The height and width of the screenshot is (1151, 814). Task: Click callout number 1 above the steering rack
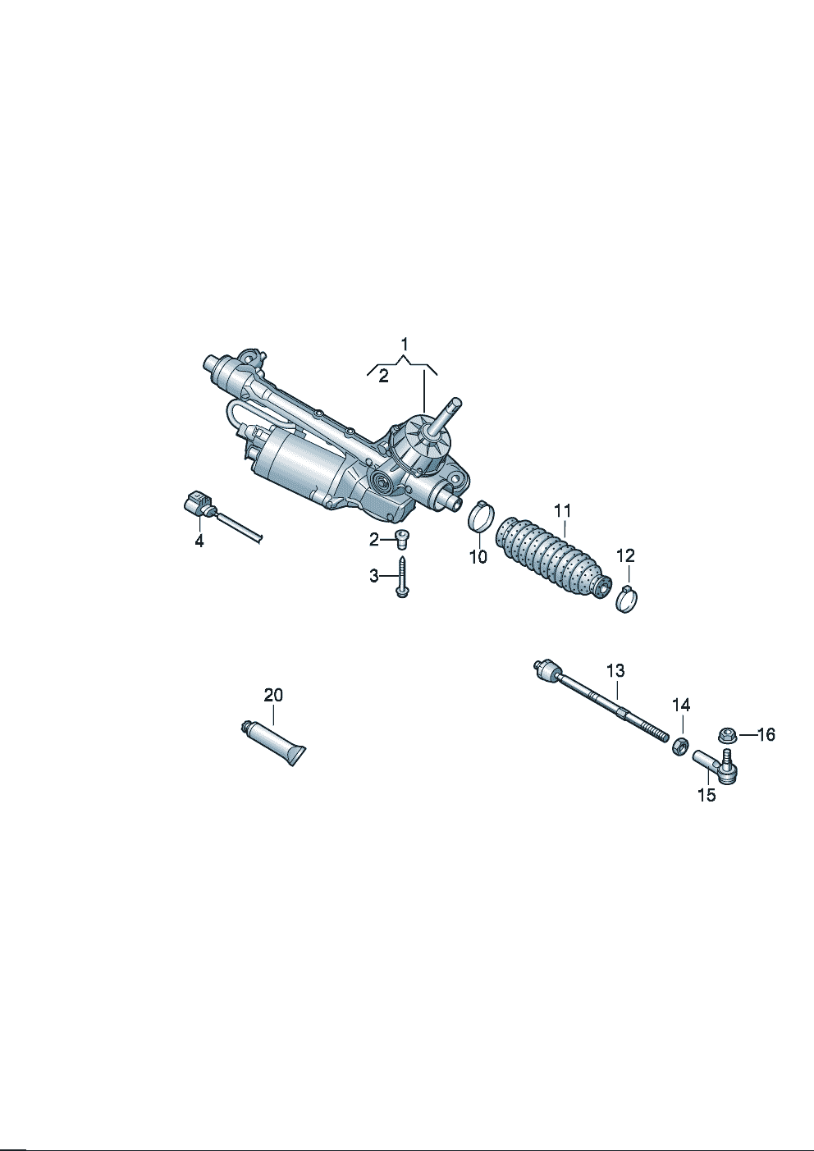[405, 344]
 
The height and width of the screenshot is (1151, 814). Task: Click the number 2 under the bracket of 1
[383, 377]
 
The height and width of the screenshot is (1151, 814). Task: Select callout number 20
[273, 696]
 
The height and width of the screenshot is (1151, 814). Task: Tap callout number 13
[615, 670]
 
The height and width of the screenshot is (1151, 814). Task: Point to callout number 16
[766, 735]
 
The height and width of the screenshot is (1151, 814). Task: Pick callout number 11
[563, 511]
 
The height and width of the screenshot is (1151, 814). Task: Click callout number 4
[199, 541]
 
